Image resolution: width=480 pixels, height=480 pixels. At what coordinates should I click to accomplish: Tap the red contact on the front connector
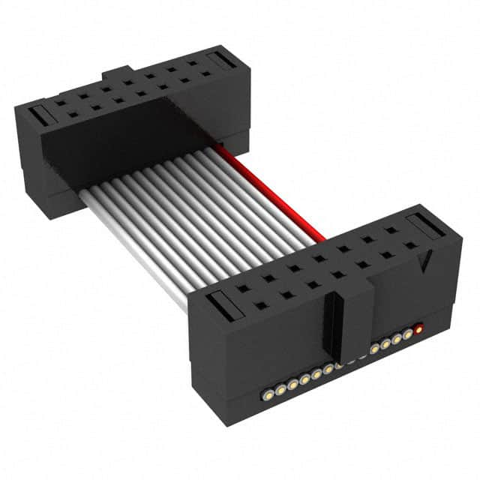point(418,328)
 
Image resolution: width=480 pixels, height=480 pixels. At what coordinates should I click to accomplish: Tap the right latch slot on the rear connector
point(220,60)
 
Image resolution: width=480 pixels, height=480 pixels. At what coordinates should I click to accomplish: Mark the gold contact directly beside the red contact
point(407,334)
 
